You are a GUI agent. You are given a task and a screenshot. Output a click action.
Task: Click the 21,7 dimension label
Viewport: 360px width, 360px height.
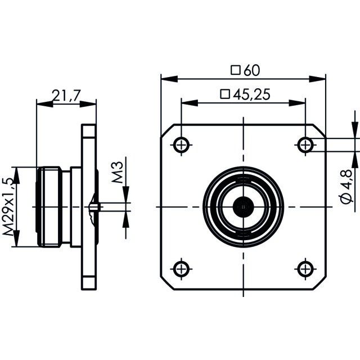tap(66, 96)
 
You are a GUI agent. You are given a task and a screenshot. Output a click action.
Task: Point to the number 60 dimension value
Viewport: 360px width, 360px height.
tap(252, 70)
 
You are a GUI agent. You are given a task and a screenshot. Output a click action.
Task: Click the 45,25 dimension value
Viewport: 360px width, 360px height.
tap(251, 94)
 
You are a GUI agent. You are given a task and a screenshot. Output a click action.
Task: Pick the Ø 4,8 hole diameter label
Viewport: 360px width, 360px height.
tap(346, 186)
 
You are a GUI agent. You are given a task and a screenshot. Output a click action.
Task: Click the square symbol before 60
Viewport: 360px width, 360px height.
tap(236, 70)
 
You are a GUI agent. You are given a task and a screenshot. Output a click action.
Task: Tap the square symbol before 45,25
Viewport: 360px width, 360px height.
tap(225, 94)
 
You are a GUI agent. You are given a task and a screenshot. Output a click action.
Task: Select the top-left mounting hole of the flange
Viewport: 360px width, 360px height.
tap(181, 145)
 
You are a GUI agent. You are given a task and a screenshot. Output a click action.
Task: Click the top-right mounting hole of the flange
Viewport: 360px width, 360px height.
tap(305, 145)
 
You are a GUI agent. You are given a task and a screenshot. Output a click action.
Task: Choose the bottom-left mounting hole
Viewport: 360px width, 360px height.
tap(181, 269)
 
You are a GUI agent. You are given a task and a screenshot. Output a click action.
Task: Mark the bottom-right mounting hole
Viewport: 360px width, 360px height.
tap(305, 269)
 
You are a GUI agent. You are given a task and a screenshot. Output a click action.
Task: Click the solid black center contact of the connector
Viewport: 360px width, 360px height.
tap(244, 207)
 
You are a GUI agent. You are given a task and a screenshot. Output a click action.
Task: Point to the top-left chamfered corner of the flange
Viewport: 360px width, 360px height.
tap(167, 131)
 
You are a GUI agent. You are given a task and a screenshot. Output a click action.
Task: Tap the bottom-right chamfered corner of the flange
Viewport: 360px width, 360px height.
tap(319, 283)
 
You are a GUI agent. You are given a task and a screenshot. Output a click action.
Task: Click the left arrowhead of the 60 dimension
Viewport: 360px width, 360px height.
tap(169, 79)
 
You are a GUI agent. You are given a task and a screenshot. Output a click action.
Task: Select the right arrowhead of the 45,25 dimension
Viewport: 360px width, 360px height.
tap(297, 103)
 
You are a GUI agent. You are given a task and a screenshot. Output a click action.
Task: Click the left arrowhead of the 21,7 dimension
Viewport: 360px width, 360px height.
tap(45, 104)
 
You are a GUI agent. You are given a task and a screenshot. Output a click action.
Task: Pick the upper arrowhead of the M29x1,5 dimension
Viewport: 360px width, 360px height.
tap(16, 175)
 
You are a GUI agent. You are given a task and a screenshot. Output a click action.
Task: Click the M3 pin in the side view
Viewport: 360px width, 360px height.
tap(94, 206)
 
